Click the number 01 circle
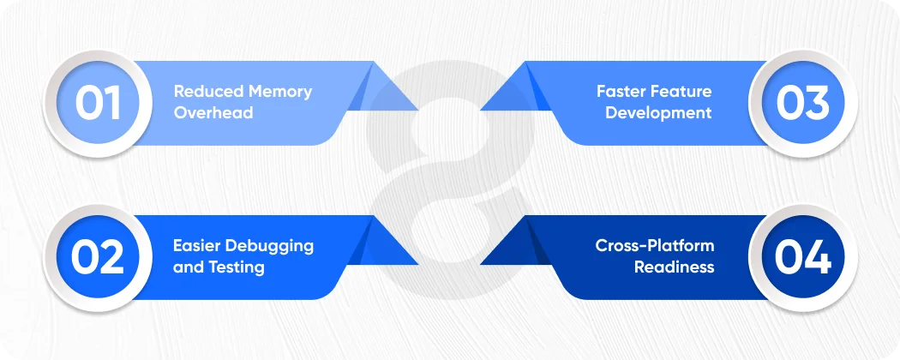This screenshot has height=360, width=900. pyautogui.click(x=97, y=104)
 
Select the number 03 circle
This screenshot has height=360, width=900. pyautogui.click(x=803, y=104)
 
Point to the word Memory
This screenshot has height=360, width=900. pyautogui.click(x=279, y=92)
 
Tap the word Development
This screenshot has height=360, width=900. pyautogui.click(x=658, y=113)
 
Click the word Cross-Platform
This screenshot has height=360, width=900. pyautogui.click(x=655, y=246)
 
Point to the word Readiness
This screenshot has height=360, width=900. pyautogui.click(x=674, y=267)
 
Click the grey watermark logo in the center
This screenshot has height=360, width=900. pyautogui.click(x=449, y=180)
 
